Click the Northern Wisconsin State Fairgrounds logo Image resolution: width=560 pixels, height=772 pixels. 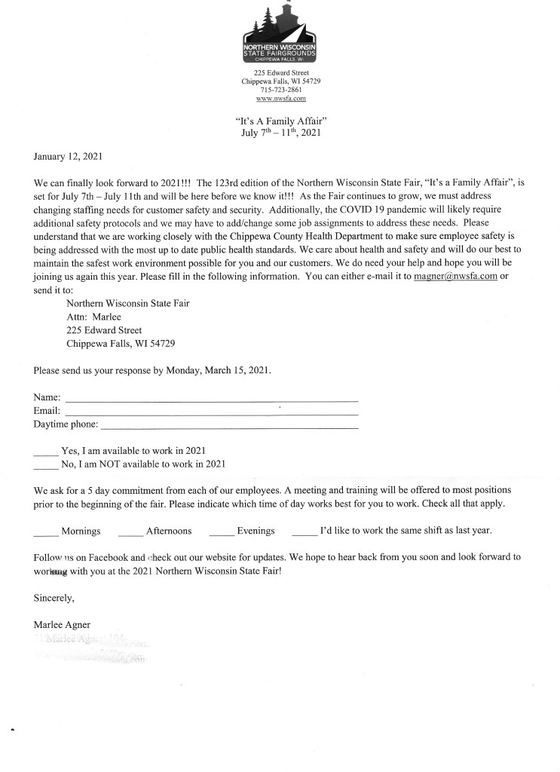coord(280,34)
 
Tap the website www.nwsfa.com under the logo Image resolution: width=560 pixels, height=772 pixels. coord(280,99)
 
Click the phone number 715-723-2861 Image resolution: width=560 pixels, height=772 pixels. coord(280,90)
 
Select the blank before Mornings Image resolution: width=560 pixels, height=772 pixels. coord(46,533)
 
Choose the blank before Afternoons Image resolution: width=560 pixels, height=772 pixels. coord(130,533)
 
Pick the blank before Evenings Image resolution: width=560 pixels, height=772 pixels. coord(221,533)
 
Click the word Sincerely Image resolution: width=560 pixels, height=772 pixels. coord(54,599)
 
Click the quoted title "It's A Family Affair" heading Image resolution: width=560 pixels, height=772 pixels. coord(280,120)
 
